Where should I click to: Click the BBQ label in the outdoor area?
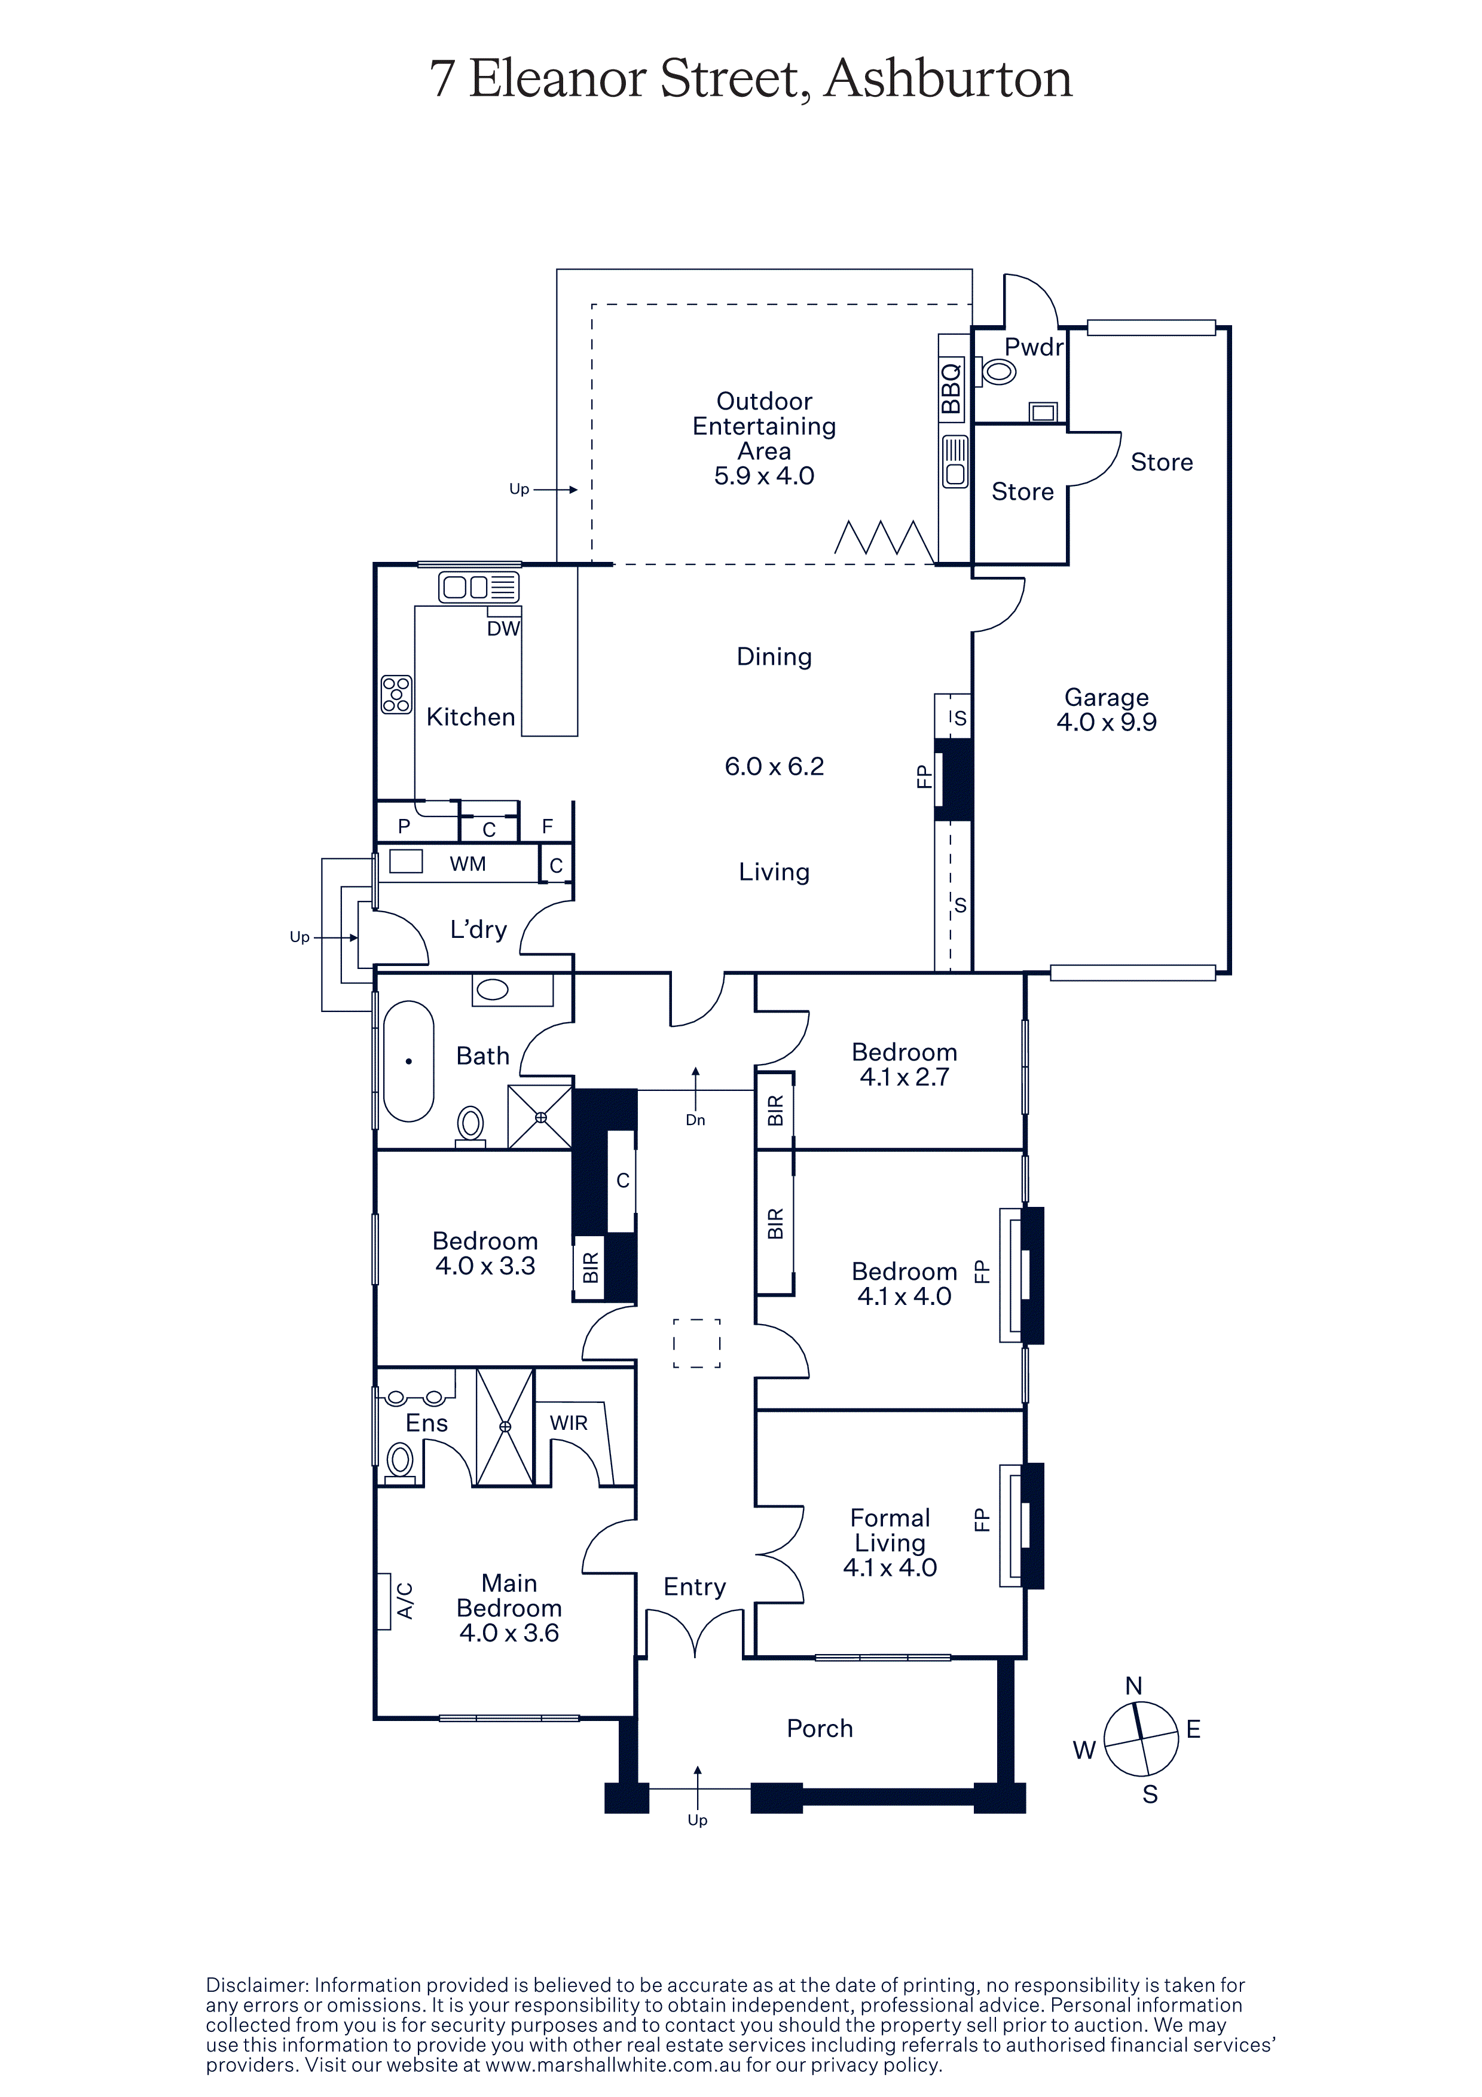click(x=952, y=387)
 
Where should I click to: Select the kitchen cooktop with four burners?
click(x=396, y=694)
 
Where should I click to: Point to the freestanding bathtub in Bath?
click(x=408, y=1061)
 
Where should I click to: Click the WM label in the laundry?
click(x=467, y=864)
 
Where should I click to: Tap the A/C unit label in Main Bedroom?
click(x=405, y=1600)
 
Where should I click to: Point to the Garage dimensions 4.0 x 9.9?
click(x=1106, y=723)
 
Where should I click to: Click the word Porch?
click(x=820, y=1729)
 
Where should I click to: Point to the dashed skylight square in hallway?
click(x=696, y=1343)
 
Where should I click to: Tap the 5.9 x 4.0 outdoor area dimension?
click(x=764, y=476)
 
